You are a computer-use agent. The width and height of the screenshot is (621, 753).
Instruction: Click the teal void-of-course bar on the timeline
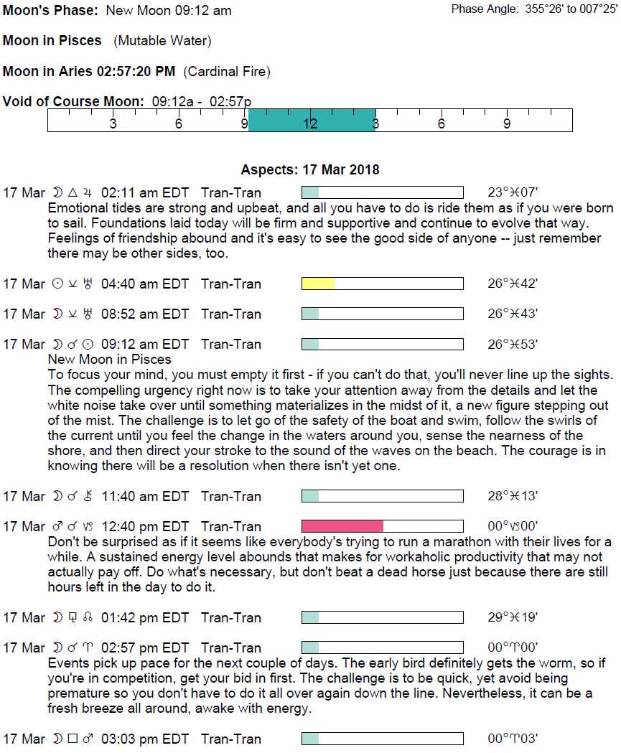pyautogui.click(x=312, y=120)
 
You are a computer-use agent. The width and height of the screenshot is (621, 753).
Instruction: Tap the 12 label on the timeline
pyautogui.click(x=310, y=123)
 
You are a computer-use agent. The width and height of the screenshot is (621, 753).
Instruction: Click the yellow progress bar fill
pyautogui.click(x=318, y=284)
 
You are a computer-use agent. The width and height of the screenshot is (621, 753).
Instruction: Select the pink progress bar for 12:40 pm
pyautogui.click(x=342, y=526)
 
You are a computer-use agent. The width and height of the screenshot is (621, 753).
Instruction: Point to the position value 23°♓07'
pyautogui.click(x=513, y=192)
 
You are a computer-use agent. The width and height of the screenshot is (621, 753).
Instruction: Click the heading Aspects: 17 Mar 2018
pyautogui.click(x=310, y=170)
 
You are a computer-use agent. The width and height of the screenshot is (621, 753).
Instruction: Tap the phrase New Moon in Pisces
pyautogui.click(x=109, y=359)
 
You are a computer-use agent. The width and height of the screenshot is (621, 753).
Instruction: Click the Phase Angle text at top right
pyautogui.click(x=534, y=9)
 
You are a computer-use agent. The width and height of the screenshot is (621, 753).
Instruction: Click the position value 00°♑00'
pyautogui.click(x=513, y=526)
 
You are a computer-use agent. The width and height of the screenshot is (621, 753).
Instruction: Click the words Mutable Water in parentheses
pyautogui.click(x=162, y=41)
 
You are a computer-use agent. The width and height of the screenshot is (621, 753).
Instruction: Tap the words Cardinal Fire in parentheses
pyautogui.click(x=226, y=71)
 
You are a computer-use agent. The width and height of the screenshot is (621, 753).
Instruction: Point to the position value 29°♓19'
pyautogui.click(x=513, y=617)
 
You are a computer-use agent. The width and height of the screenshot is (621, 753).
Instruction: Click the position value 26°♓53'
pyautogui.click(x=513, y=344)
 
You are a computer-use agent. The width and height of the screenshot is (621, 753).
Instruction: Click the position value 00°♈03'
pyautogui.click(x=513, y=739)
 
